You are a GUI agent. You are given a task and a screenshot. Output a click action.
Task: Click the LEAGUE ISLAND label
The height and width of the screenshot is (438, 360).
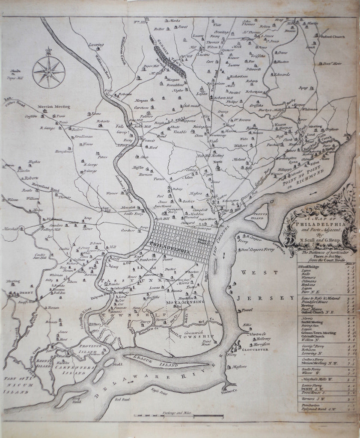pyautogui.click(x=164, y=364)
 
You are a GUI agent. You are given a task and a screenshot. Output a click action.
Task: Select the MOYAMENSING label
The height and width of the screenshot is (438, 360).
pyautogui.click(x=185, y=302)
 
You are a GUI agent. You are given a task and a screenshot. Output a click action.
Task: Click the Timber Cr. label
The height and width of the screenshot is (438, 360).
pyautogui.click(x=228, y=391)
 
